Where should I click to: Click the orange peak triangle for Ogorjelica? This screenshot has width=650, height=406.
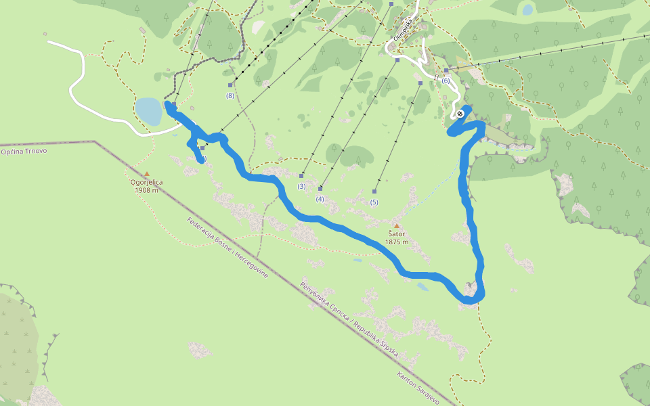pyautogui.click(x=146, y=174)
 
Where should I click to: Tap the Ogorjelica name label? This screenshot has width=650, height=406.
pyautogui.click(x=146, y=182)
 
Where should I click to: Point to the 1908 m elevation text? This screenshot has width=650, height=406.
pyautogui.click(x=146, y=190)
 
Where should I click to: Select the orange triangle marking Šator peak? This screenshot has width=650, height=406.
pyautogui.click(x=397, y=226)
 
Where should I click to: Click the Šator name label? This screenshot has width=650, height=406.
pyautogui.click(x=397, y=234)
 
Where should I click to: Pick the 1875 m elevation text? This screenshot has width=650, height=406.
pyautogui.click(x=397, y=242)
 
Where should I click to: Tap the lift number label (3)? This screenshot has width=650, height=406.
pyautogui.click(x=301, y=186)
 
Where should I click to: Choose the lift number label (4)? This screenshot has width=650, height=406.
pyautogui.click(x=320, y=198)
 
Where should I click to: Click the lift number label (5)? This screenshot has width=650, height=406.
pyautogui.click(x=374, y=202)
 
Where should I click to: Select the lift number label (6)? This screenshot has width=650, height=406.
pyautogui.click(x=445, y=81)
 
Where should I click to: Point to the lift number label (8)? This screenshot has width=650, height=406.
pyautogui.click(x=230, y=96)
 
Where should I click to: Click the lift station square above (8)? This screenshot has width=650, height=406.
pyautogui.click(x=230, y=85)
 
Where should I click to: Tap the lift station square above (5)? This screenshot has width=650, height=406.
pyautogui.click(x=374, y=191)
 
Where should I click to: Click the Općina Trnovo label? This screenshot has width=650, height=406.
pyautogui.click(x=24, y=151)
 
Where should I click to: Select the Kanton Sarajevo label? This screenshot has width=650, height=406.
pyautogui.click(x=418, y=388)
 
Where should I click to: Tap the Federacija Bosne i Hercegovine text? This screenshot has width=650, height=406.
pyautogui.click(x=227, y=248)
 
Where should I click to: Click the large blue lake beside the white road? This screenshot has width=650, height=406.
pyautogui.click(x=148, y=111)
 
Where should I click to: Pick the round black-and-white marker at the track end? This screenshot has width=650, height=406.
pyautogui.click(x=460, y=113)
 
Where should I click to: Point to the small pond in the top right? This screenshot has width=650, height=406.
pyautogui.click(x=527, y=9)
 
